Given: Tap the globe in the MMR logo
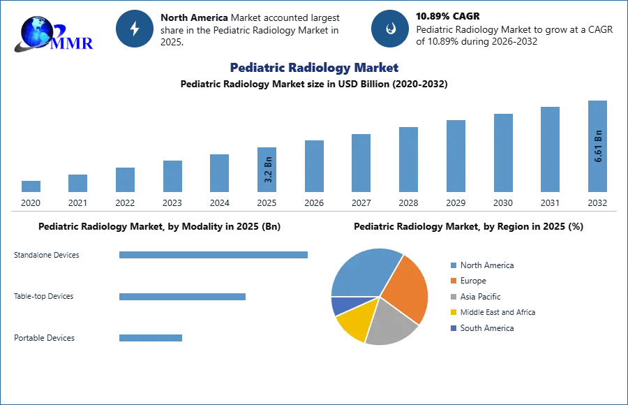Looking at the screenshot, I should (x=36, y=31).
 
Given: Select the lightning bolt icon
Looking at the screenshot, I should (x=135, y=29).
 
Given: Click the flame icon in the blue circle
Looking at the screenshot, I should (x=391, y=29).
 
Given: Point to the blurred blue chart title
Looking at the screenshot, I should (x=315, y=68).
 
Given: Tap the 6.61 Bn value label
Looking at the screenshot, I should (x=598, y=146).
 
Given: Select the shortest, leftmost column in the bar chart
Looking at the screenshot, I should (x=31, y=186).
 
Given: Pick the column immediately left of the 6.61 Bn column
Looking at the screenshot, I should (x=549, y=150).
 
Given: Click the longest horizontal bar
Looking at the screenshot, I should (x=214, y=256).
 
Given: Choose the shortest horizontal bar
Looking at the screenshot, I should (x=150, y=338).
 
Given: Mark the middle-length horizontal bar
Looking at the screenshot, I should (x=181, y=296).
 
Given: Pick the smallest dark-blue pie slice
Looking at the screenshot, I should (x=340, y=305).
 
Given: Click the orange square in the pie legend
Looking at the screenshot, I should (x=453, y=280).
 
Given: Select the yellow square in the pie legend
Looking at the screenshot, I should (x=453, y=312).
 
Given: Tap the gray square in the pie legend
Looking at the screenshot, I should (x=453, y=296).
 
